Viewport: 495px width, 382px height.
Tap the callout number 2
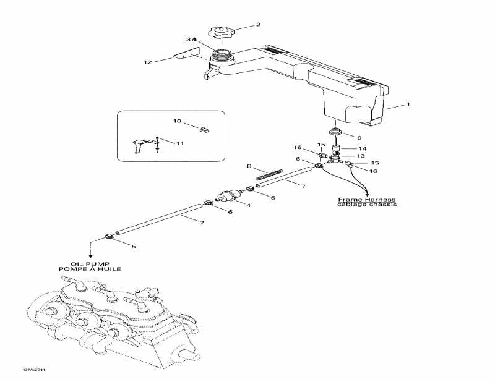pos(258,24)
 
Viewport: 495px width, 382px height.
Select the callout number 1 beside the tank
pos(408,104)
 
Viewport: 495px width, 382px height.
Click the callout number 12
pos(148,62)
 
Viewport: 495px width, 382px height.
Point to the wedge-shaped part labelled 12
pos(187,53)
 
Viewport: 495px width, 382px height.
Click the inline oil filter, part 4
pos(229,194)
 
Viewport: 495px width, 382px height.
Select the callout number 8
pos(249,166)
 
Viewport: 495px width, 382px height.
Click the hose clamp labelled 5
pos(110,236)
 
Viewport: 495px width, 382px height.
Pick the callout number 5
pos(134,247)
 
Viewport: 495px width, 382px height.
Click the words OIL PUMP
pos(90,264)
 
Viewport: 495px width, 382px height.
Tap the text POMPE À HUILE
pos(90,269)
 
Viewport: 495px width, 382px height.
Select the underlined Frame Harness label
pos(367,200)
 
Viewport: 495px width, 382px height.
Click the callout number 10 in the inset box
pos(178,121)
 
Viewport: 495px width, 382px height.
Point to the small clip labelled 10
pos(205,129)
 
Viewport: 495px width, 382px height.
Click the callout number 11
pos(180,143)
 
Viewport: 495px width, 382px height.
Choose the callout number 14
pos(362,148)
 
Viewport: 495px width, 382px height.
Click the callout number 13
pos(361,156)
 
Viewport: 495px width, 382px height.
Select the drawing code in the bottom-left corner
pos(33,370)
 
